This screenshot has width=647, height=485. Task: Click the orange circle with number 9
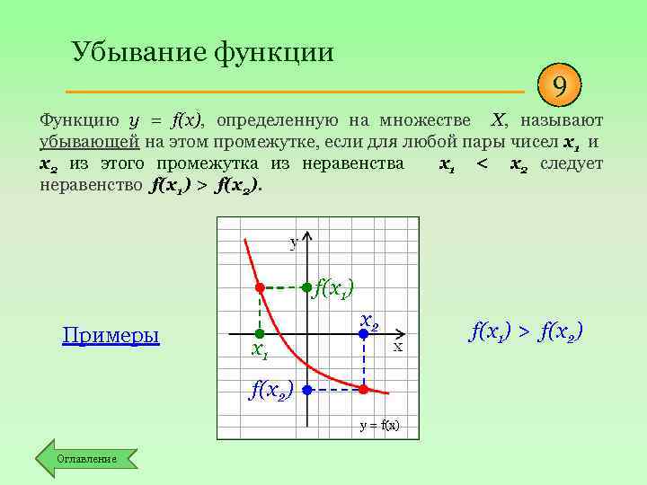coord(560,88)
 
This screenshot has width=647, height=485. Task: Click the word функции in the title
coord(273,52)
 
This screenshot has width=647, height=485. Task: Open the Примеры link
coord(111,336)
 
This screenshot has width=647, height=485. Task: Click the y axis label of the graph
coord(293,242)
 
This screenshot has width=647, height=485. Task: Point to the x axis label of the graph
coord(396,347)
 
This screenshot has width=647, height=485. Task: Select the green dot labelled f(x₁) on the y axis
coord(306,287)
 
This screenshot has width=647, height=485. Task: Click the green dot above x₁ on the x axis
coord(261,333)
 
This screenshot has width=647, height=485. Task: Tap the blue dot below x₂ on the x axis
coord(363,333)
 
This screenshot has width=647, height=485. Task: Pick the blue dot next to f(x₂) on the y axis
coord(306,390)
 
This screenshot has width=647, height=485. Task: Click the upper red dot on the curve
coord(260,287)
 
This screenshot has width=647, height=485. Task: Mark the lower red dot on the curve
coord(363,390)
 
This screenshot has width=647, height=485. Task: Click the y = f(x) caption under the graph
coord(379,426)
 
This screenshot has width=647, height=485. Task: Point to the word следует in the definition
coord(572,163)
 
